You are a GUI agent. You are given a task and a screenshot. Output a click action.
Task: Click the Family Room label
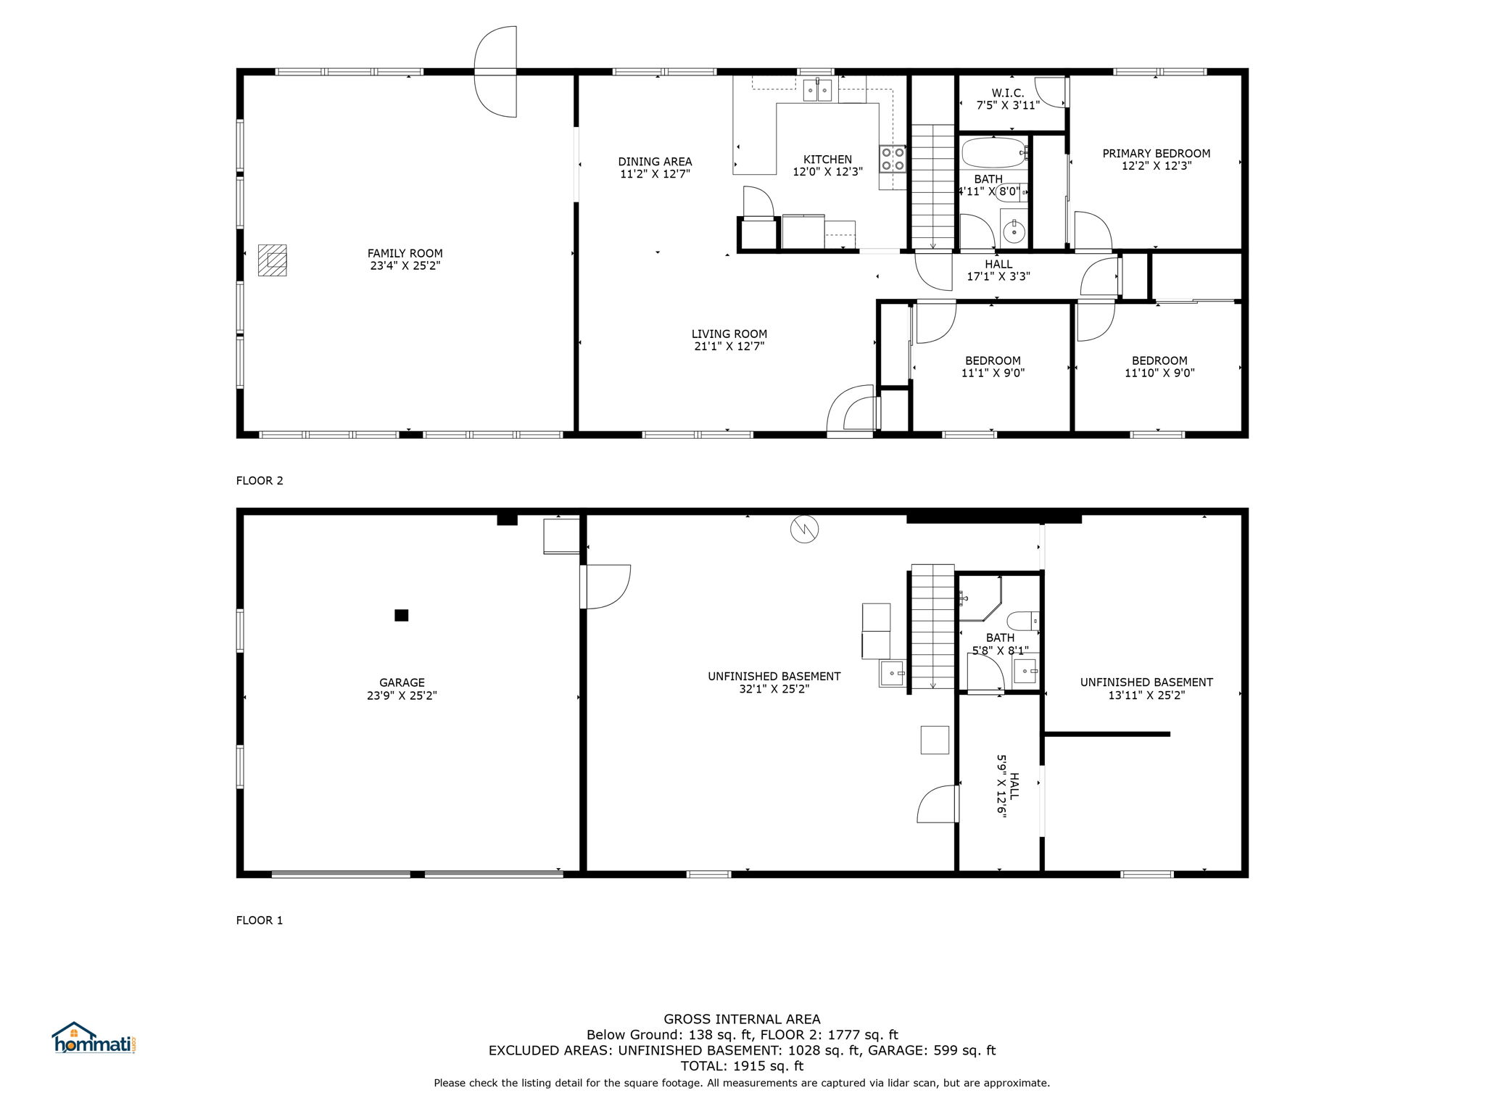[x=405, y=260]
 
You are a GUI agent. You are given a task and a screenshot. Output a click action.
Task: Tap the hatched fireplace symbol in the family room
[x=273, y=260]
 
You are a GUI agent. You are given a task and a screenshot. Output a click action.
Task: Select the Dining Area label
[x=655, y=168]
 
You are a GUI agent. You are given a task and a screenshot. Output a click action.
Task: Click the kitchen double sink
[x=818, y=90]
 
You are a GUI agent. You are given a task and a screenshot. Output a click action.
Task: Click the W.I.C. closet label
[x=1008, y=99]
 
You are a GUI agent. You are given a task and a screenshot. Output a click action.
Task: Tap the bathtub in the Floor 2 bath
[x=994, y=153]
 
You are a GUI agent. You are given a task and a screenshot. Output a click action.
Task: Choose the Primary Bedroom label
[x=1157, y=160]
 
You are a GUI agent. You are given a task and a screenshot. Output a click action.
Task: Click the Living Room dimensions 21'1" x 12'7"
[x=729, y=347]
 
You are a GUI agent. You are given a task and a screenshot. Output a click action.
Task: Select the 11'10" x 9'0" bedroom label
[x=1159, y=367]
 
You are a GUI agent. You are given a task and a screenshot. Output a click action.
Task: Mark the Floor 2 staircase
[x=932, y=186]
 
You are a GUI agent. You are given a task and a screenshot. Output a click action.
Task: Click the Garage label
[x=402, y=689]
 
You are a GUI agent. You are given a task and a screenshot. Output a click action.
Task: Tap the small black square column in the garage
[x=401, y=615]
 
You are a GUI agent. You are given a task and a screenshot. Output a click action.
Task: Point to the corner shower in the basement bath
[x=980, y=598]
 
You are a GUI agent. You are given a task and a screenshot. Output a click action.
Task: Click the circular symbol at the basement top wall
[x=804, y=529]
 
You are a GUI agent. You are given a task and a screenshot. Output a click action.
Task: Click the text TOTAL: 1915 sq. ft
[x=742, y=1066]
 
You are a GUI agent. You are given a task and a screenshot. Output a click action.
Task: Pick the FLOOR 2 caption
[x=260, y=480]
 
